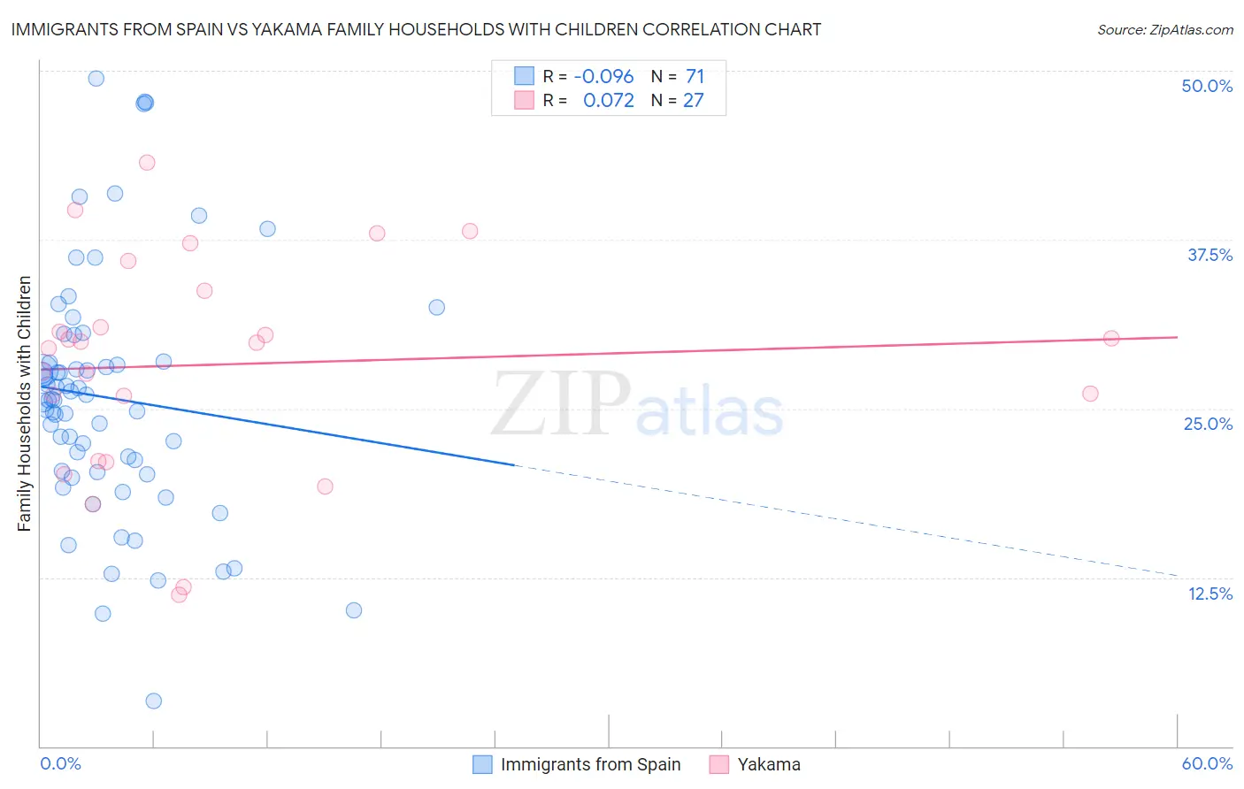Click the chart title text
point(416,29)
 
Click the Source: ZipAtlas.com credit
point(1164,29)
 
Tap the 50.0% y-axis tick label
point(1207,86)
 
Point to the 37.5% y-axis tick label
point(1209,255)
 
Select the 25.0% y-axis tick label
point(1208,424)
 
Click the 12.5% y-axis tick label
point(1209,594)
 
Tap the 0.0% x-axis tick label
point(60,763)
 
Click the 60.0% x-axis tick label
point(1207,763)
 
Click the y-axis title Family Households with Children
point(24,403)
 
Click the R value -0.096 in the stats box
point(603,77)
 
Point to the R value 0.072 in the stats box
point(608,101)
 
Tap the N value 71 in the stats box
point(695,77)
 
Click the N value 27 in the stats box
point(693,101)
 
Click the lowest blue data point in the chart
point(153,701)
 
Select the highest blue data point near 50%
point(96,78)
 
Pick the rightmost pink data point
point(1111,338)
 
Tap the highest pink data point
point(147,163)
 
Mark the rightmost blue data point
point(436,307)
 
